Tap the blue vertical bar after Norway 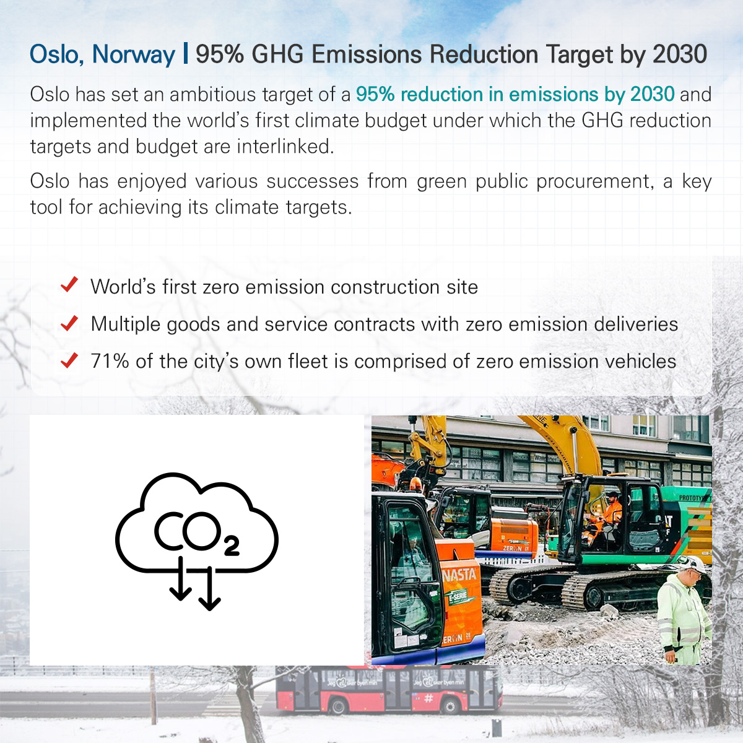click(x=186, y=53)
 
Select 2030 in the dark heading click(x=680, y=54)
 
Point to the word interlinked click(x=285, y=147)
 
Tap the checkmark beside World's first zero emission click(x=69, y=285)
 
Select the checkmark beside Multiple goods click(x=69, y=323)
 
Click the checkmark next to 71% click(x=69, y=360)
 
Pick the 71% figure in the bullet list click(x=110, y=361)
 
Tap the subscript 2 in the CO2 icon click(x=232, y=546)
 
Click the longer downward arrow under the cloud click(x=210, y=588)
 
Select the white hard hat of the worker click(x=693, y=563)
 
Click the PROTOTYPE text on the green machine click(x=695, y=498)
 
